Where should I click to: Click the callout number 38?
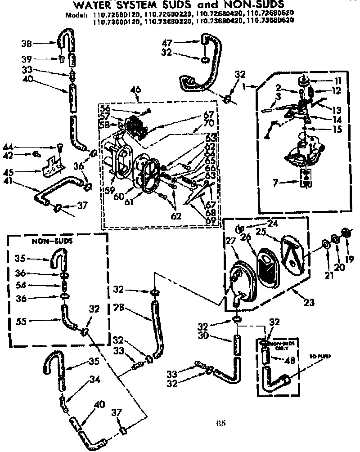(x=26, y=43)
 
